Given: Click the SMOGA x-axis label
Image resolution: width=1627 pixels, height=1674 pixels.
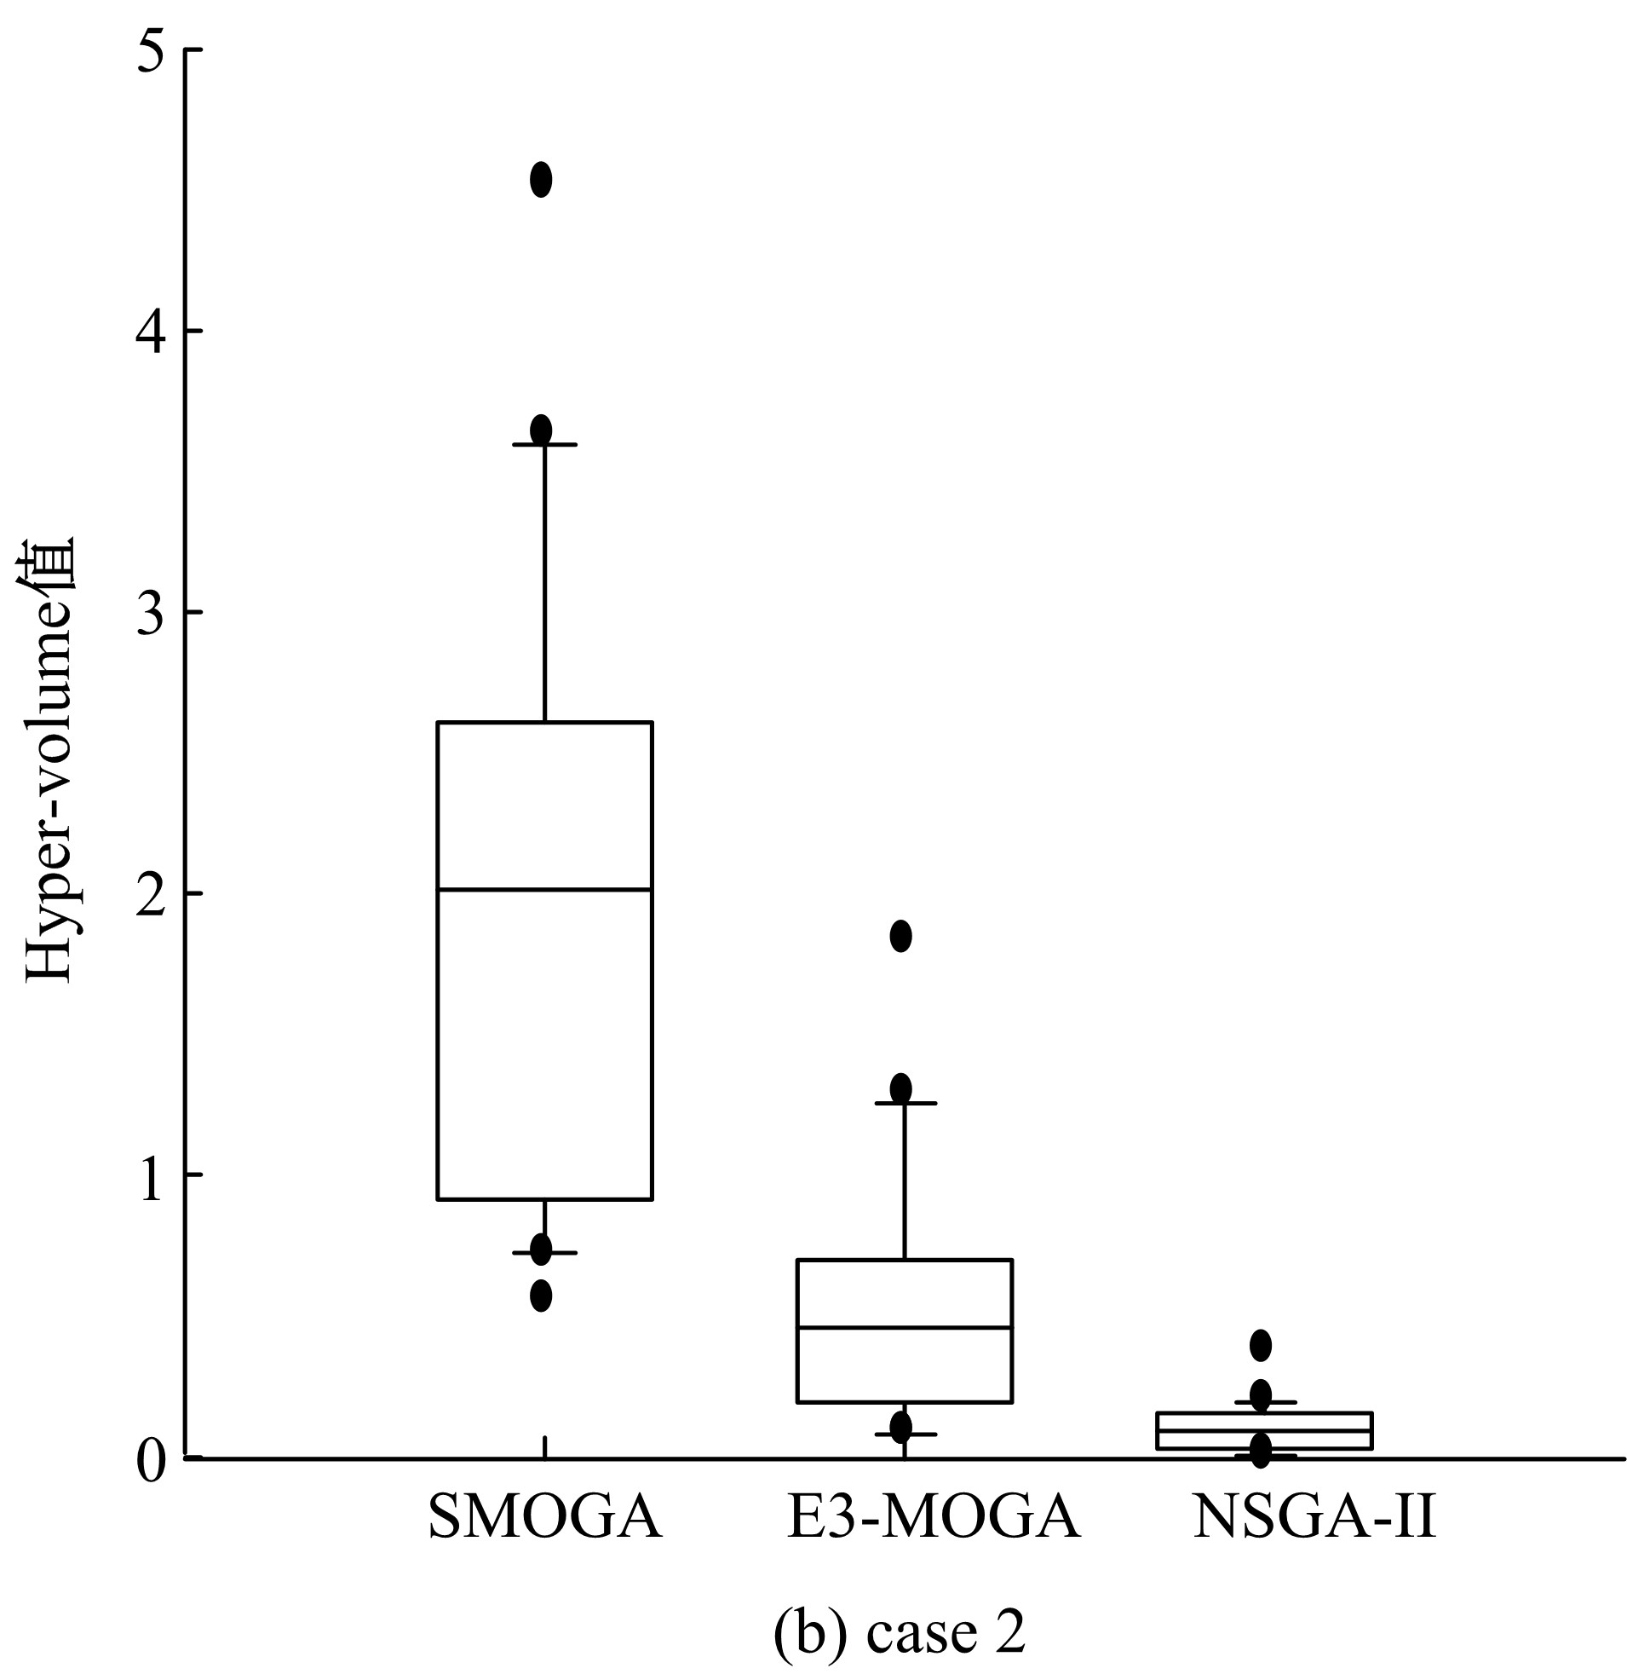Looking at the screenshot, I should [544, 1516].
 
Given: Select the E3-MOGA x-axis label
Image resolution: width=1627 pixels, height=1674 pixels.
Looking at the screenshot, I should [933, 1516].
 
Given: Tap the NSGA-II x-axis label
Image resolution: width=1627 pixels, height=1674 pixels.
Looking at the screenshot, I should [1314, 1516].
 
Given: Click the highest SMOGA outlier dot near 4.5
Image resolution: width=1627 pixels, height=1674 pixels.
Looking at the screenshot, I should [541, 180].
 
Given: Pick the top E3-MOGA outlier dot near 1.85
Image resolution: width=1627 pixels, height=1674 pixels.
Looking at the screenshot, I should [900, 935].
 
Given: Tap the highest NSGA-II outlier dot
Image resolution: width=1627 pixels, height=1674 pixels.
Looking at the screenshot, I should [1261, 1345].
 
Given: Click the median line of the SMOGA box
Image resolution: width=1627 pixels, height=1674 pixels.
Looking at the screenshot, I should [544, 889].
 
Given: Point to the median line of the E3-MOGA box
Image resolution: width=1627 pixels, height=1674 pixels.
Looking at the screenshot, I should [904, 1327].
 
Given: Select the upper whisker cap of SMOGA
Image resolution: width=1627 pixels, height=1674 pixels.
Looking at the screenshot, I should [544, 445].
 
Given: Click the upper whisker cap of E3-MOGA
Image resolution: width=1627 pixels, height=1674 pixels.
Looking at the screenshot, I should [904, 1103].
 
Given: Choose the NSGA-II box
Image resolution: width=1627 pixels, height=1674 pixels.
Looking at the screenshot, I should [1264, 1429].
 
